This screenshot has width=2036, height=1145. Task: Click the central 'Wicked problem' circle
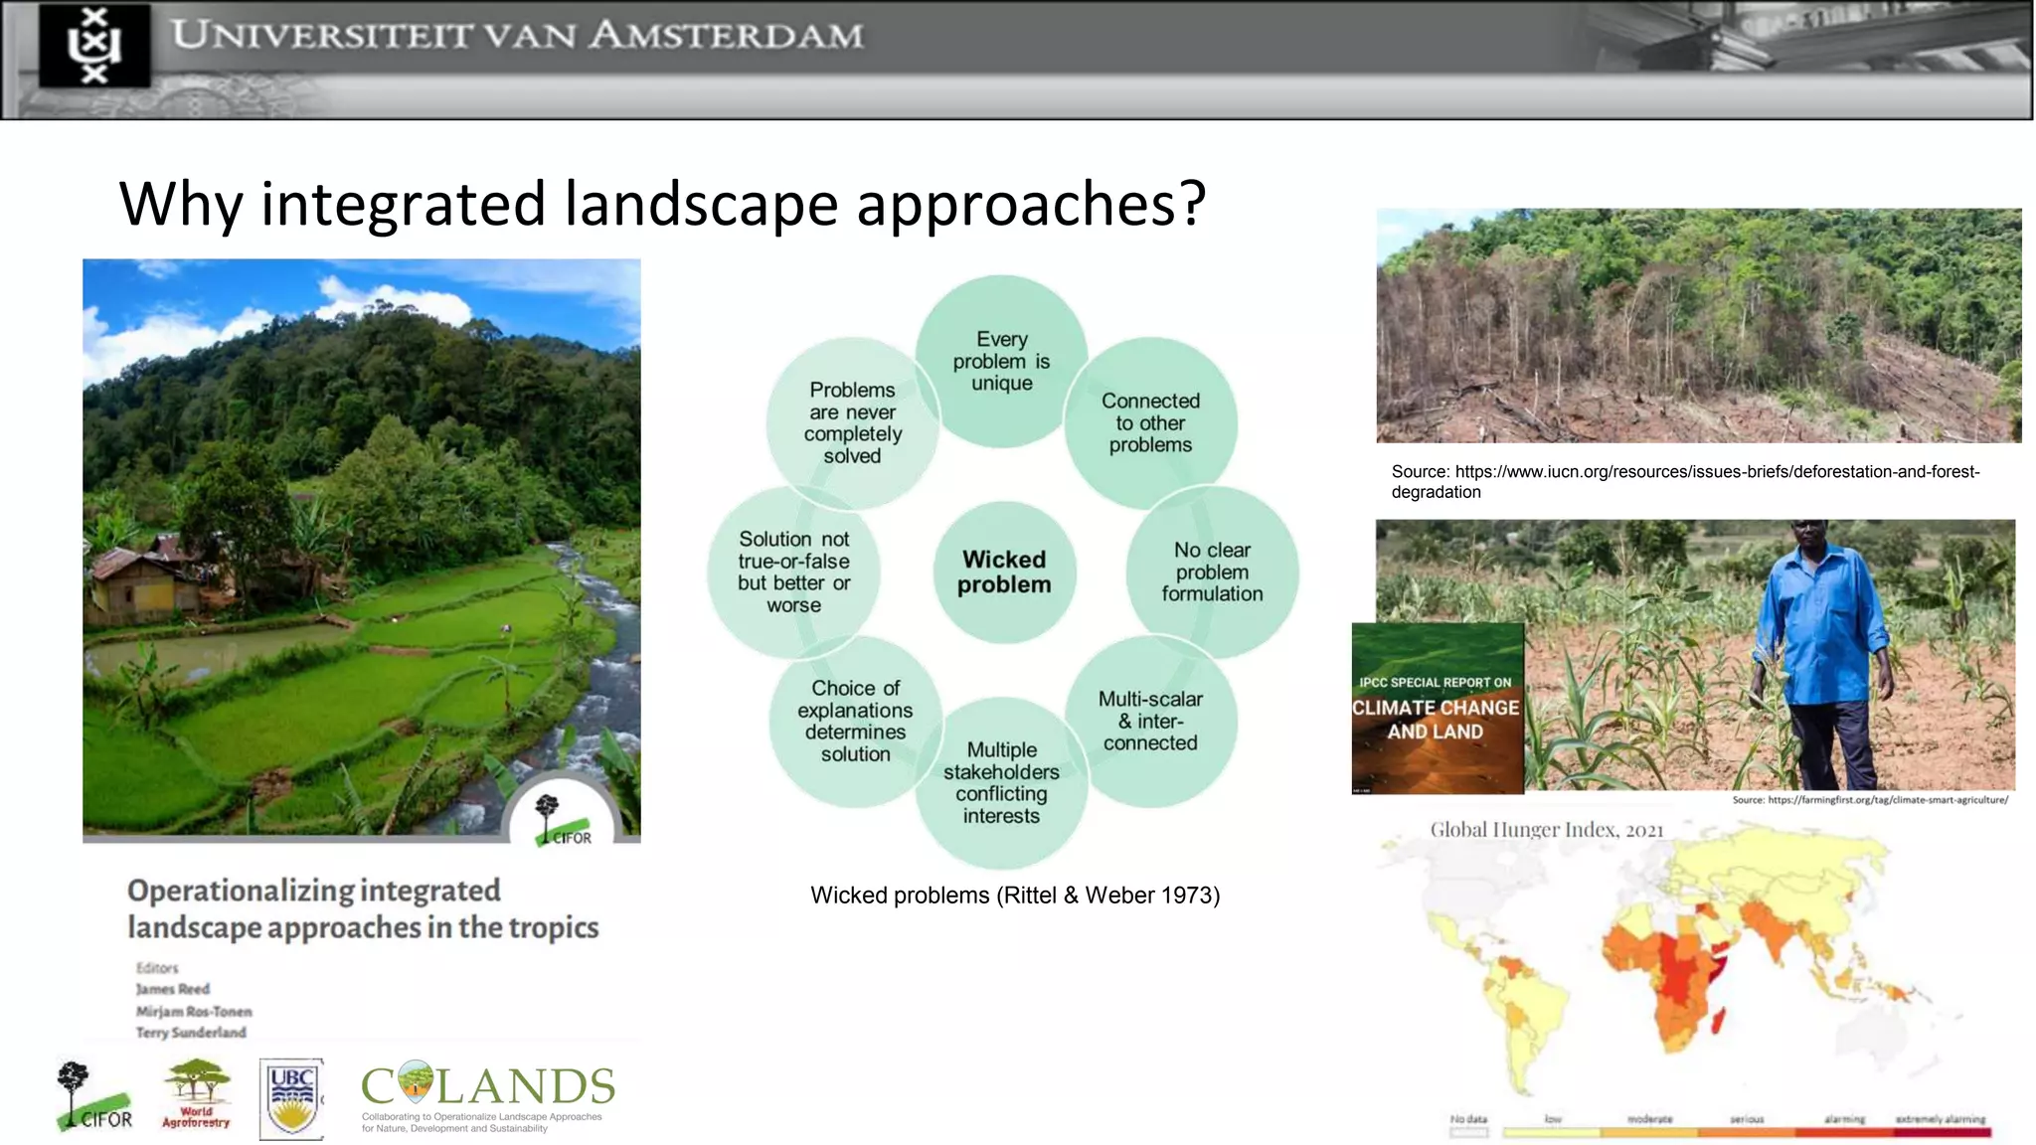pos(1004,572)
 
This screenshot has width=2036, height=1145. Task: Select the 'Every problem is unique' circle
pos(1001,361)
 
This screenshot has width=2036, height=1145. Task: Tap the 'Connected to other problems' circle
pos(1150,423)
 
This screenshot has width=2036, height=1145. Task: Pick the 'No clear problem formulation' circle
pos(1212,572)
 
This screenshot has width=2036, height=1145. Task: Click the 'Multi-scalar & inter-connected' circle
pos(1150,722)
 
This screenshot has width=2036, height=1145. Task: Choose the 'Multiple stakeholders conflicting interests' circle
pos(1001,783)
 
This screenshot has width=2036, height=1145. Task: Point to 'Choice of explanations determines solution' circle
pos(855,722)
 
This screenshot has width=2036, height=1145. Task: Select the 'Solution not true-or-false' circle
pos(793,572)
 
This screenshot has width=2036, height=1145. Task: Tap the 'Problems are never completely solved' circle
pos(852,423)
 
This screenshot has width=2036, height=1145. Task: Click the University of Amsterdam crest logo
pos(95,46)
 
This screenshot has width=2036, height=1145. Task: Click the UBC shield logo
pos(291,1098)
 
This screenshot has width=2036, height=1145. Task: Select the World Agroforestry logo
pos(196,1093)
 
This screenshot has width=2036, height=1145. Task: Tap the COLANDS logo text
pos(487,1086)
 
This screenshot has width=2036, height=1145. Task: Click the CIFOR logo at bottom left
pos(93,1097)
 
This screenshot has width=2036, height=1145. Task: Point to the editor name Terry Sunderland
pos(191,1033)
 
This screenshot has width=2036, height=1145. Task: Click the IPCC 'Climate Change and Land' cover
pos(1438,709)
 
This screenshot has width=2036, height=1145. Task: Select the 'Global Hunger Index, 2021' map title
pos(1546,830)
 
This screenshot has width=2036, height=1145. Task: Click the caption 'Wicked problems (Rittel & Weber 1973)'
pos(1015,896)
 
